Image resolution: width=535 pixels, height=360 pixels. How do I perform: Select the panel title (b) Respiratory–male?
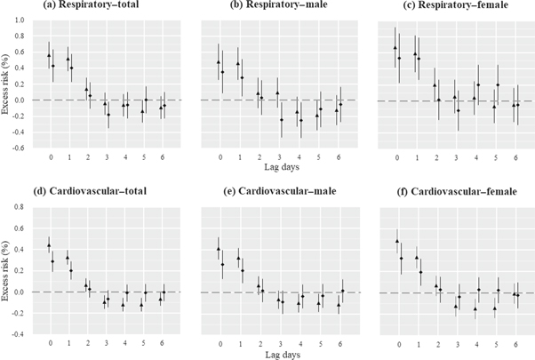[x=253, y=8]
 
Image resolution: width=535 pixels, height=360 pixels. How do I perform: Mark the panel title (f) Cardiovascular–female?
[x=431, y=195]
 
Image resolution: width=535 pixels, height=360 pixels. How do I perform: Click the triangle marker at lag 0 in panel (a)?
[x=49, y=55]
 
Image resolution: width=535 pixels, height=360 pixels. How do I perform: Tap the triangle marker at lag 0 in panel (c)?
[x=395, y=48]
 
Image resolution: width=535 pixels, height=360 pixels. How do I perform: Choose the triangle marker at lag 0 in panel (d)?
[x=49, y=245]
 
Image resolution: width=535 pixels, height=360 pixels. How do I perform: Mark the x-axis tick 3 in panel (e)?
[x=279, y=343]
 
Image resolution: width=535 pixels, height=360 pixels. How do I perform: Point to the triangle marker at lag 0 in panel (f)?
[x=396, y=241]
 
